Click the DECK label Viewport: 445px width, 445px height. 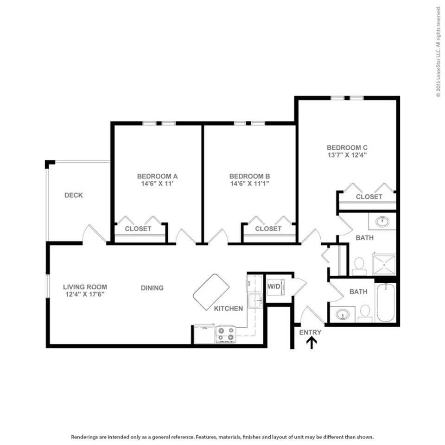click(73, 195)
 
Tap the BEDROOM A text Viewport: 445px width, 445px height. click(157, 176)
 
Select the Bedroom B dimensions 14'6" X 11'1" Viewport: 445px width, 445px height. click(249, 184)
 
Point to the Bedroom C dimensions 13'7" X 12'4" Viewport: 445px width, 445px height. click(347, 155)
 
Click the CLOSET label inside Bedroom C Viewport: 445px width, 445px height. click(369, 197)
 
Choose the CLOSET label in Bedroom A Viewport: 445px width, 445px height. click(138, 229)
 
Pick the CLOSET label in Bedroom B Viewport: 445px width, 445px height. click(268, 229)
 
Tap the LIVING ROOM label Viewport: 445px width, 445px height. click(85, 287)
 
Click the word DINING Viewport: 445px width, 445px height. click(152, 288)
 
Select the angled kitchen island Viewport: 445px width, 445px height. click(211, 292)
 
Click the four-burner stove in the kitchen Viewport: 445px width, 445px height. click(226, 334)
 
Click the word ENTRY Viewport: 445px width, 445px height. click(310, 332)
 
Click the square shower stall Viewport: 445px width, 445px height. click(384, 265)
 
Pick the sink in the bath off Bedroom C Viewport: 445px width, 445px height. click(382, 222)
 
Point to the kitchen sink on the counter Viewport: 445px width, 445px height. click(254, 301)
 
